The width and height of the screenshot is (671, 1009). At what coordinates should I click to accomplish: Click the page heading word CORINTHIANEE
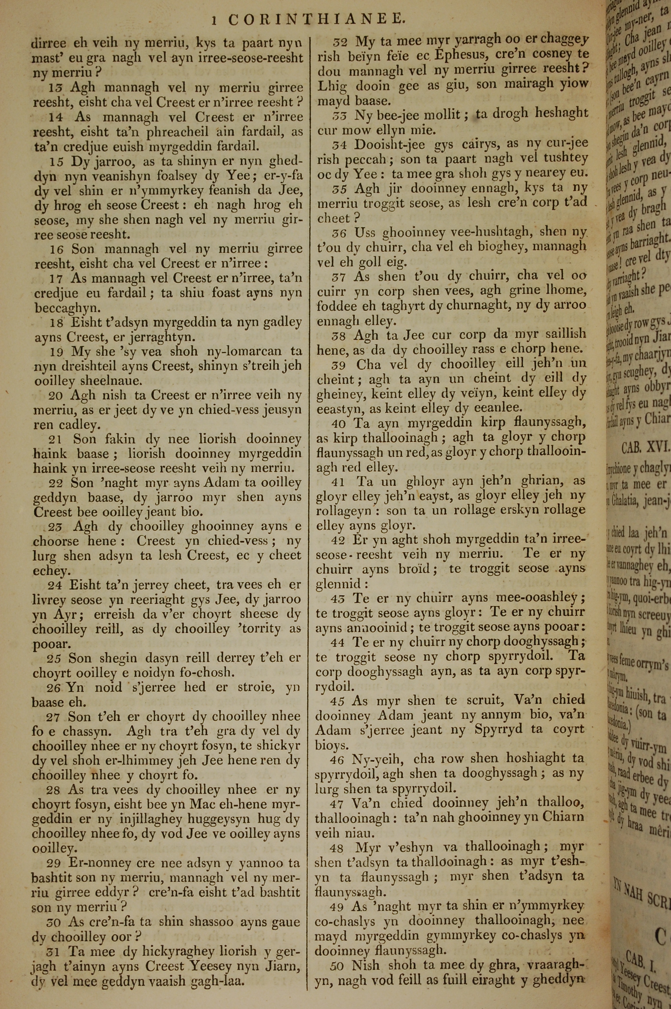pyautogui.click(x=315, y=19)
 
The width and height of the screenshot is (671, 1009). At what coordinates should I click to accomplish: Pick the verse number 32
pyautogui.click(x=340, y=42)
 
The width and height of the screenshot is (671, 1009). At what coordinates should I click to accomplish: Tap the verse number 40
pyautogui.click(x=339, y=423)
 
